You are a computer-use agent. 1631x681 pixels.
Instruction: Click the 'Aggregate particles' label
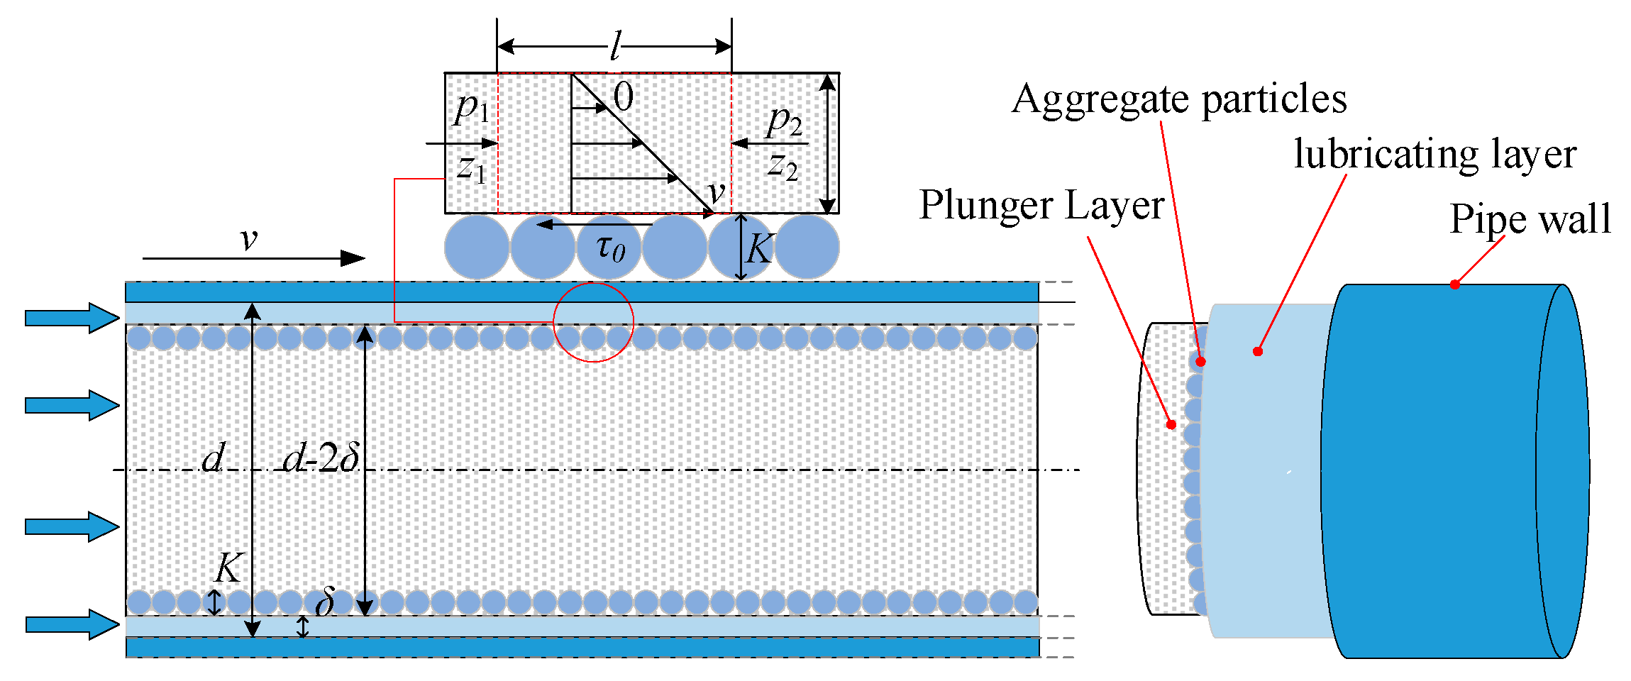click(1178, 99)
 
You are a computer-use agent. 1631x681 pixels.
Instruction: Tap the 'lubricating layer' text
click(1434, 155)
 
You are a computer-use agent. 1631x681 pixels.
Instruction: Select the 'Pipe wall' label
click(1530, 218)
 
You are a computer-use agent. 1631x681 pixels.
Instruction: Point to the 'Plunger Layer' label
click(1041, 206)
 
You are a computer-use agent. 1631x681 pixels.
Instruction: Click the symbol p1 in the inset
click(472, 109)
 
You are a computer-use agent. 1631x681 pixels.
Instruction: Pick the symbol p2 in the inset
click(784, 122)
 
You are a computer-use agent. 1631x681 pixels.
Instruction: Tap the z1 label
click(472, 169)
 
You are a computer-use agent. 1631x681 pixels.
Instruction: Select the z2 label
click(783, 166)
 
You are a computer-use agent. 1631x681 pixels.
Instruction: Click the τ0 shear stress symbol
click(610, 248)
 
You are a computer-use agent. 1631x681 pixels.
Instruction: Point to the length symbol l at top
click(615, 48)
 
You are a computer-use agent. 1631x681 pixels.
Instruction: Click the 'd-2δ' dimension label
click(321, 458)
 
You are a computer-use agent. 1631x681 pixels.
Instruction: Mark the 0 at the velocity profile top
click(623, 96)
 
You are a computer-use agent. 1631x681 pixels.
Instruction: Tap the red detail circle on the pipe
click(593, 322)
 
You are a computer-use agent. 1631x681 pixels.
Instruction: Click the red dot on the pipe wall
click(1454, 284)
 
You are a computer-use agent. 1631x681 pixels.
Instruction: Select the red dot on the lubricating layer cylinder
click(1257, 351)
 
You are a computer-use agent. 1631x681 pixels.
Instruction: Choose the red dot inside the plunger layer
click(1171, 424)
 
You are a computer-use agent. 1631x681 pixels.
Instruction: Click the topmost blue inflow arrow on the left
click(72, 318)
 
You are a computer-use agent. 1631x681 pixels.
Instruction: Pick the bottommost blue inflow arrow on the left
click(72, 624)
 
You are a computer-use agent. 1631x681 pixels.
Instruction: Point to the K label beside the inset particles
click(760, 249)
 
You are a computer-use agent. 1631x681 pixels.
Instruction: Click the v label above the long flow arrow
click(248, 239)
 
